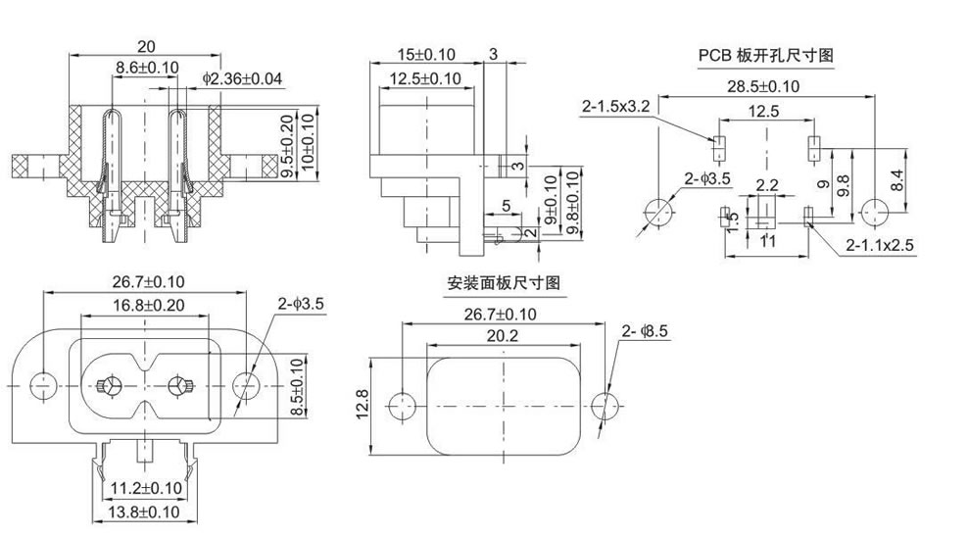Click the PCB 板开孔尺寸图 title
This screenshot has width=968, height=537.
(765, 56)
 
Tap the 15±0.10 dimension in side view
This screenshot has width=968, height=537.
(426, 54)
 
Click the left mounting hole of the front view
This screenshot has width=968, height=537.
(43, 384)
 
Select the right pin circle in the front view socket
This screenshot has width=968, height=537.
(179, 385)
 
